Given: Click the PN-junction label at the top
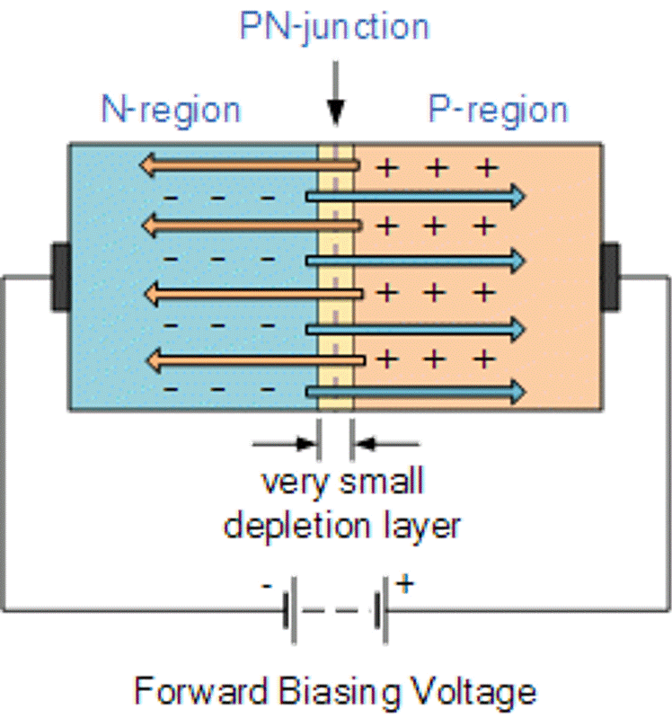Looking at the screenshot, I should coord(334,28).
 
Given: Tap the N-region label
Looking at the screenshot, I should coord(171,110).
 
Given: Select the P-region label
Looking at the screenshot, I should coord(498,110).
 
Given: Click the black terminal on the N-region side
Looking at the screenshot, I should coord(60,276).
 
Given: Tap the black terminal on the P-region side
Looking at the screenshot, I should coord(611,276).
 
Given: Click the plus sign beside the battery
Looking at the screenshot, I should coord(405,584).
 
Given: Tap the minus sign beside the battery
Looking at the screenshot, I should coord(268,585).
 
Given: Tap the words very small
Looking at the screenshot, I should coord(342,483).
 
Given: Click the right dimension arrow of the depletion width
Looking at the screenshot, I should coord(385,442).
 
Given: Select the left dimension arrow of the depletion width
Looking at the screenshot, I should coord(286,442).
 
